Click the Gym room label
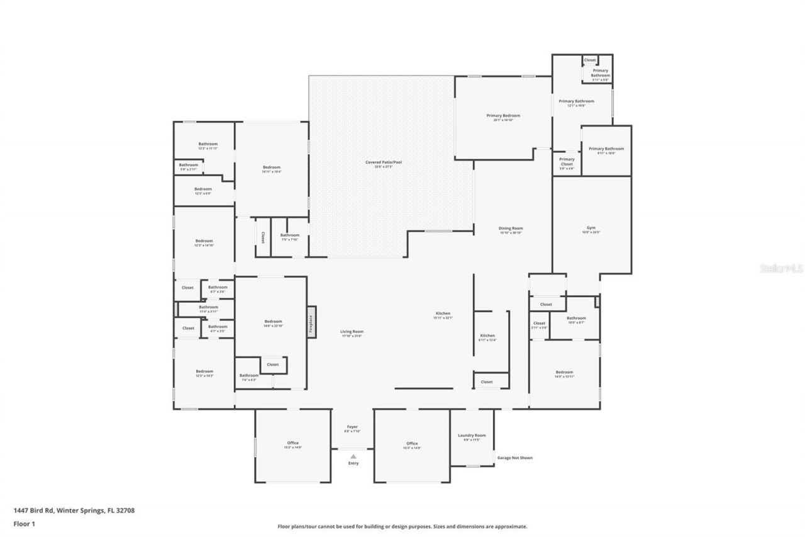(591, 228)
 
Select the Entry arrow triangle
(353, 456)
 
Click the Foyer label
(352, 427)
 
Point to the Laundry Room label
(472, 436)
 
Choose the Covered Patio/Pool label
(384, 162)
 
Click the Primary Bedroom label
(503, 116)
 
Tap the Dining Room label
(511, 229)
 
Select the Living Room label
(352, 332)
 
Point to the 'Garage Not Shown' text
(514, 458)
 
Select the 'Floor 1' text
(24, 523)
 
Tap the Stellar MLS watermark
(781, 268)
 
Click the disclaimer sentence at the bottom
(402, 526)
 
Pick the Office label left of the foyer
(293, 443)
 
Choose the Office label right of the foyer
(412, 443)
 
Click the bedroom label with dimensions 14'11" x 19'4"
(272, 167)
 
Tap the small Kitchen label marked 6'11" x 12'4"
(487, 336)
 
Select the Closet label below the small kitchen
(487, 382)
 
